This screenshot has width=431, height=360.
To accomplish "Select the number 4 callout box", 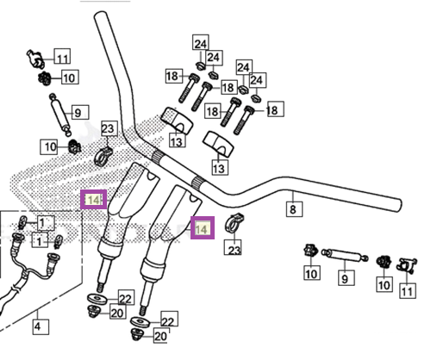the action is [41, 326].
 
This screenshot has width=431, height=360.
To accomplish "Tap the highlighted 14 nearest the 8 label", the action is [203, 227].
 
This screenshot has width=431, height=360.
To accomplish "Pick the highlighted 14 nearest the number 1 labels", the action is [94, 199].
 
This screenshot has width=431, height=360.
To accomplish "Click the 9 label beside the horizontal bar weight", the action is [346, 277].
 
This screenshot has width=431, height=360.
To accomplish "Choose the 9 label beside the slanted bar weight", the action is [78, 112].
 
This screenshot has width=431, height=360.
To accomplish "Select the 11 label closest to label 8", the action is [408, 290].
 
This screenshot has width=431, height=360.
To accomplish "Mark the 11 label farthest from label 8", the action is [62, 56].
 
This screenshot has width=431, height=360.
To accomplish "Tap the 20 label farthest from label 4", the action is [161, 335].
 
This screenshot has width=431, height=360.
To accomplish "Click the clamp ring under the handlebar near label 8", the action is [234, 224].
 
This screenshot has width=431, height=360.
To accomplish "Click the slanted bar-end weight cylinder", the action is [59, 115].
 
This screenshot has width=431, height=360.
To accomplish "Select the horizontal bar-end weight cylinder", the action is [345, 255].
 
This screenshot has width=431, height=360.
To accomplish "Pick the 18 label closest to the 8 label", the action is [274, 109].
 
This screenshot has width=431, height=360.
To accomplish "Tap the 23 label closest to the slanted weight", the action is [109, 128].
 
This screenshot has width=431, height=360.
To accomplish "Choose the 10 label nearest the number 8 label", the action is [312, 272].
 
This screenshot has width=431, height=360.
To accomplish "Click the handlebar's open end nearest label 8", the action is [398, 205].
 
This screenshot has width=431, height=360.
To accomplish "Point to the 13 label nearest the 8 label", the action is [221, 167].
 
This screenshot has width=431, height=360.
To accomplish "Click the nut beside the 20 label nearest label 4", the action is [93, 311].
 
